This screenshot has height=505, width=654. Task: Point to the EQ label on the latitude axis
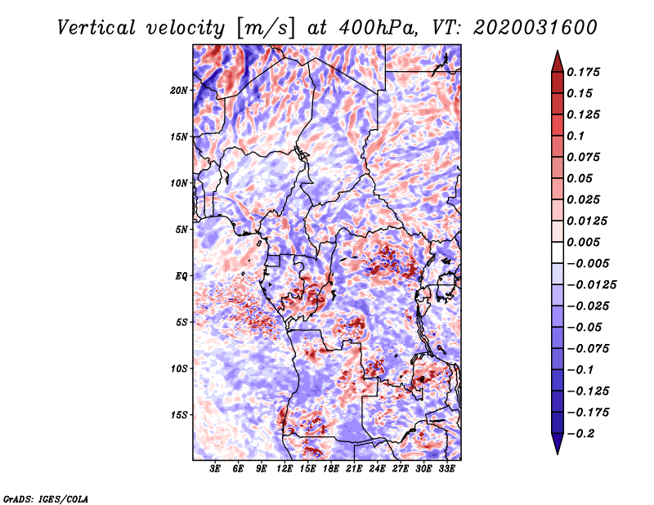click(181, 275)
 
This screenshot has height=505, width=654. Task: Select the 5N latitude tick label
click(181, 230)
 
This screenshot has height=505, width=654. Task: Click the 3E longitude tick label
click(216, 470)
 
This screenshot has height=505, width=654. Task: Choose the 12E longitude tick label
click(285, 470)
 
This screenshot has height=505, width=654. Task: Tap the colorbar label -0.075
click(590, 348)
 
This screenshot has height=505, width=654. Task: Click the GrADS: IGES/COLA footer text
click(46, 497)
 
